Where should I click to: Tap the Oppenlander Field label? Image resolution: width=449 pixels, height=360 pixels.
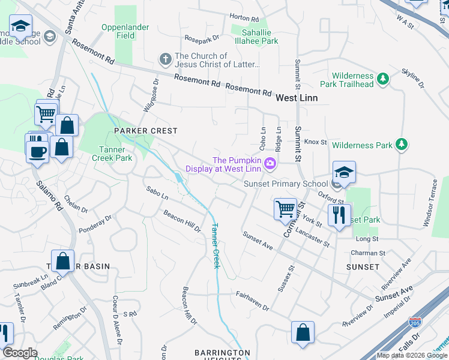(x=126, y=31)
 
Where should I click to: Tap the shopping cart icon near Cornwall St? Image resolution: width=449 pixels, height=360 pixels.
(x=285, y=210)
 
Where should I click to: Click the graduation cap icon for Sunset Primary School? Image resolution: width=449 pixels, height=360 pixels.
(x=345, y=173)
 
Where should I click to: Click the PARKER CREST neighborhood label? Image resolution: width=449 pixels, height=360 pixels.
(x=143, y=131)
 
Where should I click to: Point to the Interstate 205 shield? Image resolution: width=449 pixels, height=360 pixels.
(x=414, y=322)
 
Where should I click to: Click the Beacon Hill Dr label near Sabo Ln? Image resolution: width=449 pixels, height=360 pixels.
(x=182, y=222)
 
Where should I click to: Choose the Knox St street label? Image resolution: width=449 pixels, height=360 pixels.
(x=315, y=142)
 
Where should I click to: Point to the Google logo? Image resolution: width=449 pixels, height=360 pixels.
(x=20, y=353)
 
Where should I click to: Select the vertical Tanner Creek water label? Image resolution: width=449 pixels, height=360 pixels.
(x=215, y=246)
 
